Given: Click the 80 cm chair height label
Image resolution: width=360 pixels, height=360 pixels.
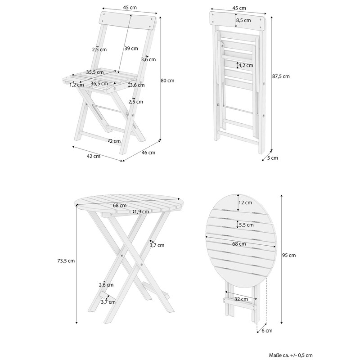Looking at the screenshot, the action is pyautogui.click(x=167, y=81).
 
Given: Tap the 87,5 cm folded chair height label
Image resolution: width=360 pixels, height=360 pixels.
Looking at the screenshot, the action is pyautogui.click(x=281, y=76).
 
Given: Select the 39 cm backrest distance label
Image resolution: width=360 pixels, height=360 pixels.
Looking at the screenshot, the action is pyautogui.click(x=131, y=49).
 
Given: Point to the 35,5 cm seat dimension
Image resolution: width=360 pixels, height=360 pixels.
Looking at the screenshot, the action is pyautogui.click(x=95, y=72).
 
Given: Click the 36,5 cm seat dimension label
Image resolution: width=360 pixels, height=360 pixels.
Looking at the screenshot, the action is pyautogui.click(x=99, y=84).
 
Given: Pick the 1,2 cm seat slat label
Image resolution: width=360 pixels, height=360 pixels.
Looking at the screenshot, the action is pyautogui.click(x=76, y=85).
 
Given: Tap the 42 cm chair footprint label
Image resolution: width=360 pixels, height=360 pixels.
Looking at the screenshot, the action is pyautogui.click(x=94, y=156).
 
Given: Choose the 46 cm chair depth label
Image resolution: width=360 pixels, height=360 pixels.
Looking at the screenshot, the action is pyautogui.click(x=148, y=153).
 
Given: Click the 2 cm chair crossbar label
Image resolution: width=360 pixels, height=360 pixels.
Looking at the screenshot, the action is pyautogui.click(x=115, y=141).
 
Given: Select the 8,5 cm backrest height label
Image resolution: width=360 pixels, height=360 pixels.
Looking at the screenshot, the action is pyautogui.click(x=243, y=20).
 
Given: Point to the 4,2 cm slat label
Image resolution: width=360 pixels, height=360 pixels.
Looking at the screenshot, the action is pyautogui.click(x=246, y=65).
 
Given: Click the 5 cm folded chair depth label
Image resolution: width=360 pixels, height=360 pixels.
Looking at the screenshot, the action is pyautogui.click(x=273, y=158).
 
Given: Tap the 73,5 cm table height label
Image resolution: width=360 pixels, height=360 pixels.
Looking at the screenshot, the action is pyautogui.click(x=66, y=261).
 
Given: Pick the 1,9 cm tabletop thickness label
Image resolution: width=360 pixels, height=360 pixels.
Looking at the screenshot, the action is pyautogui.click(x=142, y=211).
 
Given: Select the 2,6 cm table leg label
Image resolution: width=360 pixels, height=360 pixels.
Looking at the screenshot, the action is pyautogui.click(x=106, y=285).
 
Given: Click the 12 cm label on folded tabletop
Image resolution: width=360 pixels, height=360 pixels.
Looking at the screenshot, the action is pyautogui.click(x=245, y=202).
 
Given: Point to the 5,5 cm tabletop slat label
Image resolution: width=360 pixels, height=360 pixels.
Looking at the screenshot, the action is pyautogui.click(x=246, y=225).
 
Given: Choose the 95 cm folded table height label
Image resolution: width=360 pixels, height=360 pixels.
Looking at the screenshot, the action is pyautogui.click(x=289, y=255).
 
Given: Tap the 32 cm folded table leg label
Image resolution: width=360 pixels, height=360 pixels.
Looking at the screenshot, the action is pyautogui.click(x=241, y=299).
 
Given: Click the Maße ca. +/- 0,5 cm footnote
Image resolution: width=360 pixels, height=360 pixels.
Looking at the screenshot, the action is pyautogui.click(x=291, y=355).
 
